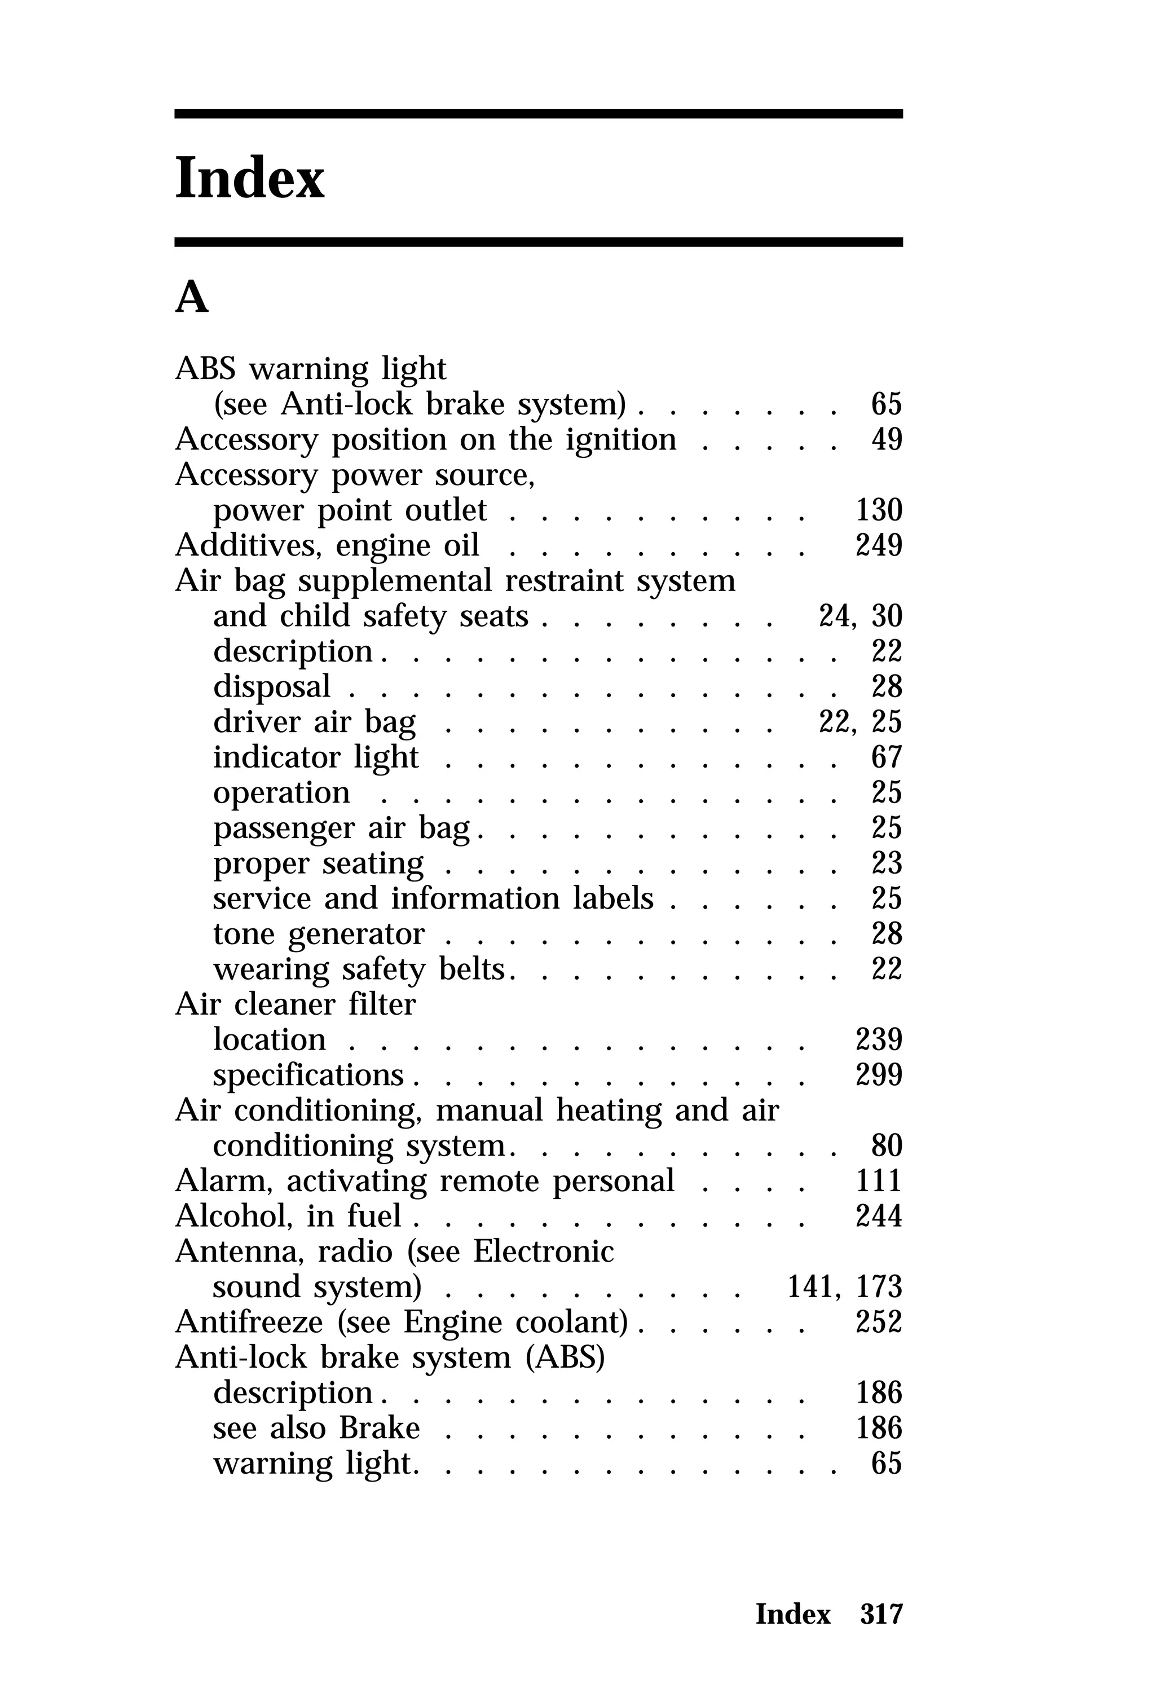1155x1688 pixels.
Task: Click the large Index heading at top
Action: point(250,178)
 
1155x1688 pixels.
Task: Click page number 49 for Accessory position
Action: point(886,439)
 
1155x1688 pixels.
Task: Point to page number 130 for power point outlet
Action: point(878,510)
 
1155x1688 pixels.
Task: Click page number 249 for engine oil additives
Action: point(878,545)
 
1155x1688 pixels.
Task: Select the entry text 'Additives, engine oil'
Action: point(327,545)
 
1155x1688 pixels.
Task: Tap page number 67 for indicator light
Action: point(886,757)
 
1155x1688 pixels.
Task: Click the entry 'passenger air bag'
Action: point(341,828)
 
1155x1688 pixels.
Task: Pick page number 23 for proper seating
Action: point(886,863)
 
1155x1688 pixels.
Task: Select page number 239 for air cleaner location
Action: point(878,1040)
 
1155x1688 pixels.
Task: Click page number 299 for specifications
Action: point(878,1076)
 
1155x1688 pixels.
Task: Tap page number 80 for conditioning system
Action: point(886,1146)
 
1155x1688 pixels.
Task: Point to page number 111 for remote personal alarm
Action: point(878,1182)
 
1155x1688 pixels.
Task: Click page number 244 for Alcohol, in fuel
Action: point(878,1217)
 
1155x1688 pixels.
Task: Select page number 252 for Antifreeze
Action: point(878,1323)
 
